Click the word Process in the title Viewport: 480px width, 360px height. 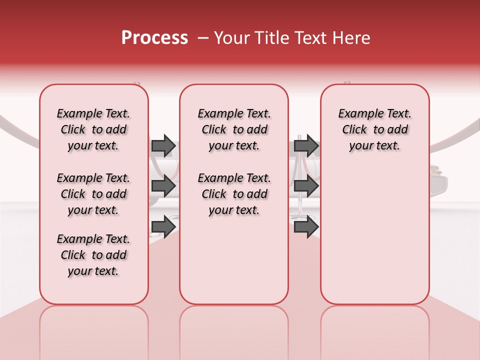click(x=154, y=38)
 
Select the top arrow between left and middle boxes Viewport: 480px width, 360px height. click(x=163, y=145)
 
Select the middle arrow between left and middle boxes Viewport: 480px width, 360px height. click(x=163, y=186)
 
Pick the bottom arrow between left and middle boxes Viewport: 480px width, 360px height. click(x=163, y=226)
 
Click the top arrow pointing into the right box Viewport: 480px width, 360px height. click(x=306, y=145)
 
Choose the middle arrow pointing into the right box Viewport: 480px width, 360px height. click(x=306, y=186)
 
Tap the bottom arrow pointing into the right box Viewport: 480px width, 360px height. click(x=306, y=226)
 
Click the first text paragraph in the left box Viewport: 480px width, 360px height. click(x=93, y=129)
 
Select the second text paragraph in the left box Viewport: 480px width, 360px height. click(x=93, y=194)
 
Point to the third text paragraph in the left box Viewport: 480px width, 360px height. click(x=93, y=255)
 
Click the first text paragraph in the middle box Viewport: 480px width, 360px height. click(x=234, y=129)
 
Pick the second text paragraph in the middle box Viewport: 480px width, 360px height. click(x=234, y=194)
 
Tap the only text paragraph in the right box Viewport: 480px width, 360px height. click(x=375, y=129)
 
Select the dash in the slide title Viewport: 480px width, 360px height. click(x=203, y=38)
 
